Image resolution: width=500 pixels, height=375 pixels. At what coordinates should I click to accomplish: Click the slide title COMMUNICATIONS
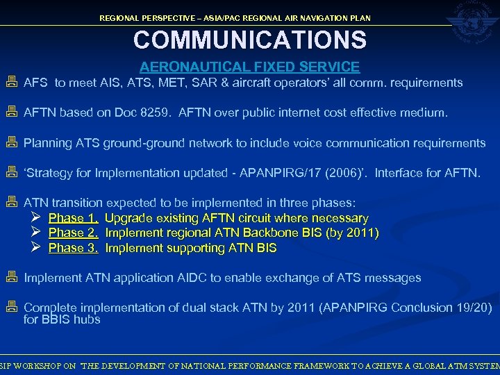[250, 40]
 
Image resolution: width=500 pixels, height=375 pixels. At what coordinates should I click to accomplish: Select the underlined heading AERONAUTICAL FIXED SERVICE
[250, 67]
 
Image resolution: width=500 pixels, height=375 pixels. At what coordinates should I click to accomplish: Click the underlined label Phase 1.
[73, 219]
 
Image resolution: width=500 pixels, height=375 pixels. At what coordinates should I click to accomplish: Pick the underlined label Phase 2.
[73, 233]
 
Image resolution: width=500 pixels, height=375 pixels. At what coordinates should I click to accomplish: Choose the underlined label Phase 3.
[73, 248]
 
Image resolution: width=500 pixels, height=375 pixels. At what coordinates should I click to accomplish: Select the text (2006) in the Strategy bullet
[343, 172]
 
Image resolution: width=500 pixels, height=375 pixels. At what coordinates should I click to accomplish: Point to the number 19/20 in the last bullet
[473, 307]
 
